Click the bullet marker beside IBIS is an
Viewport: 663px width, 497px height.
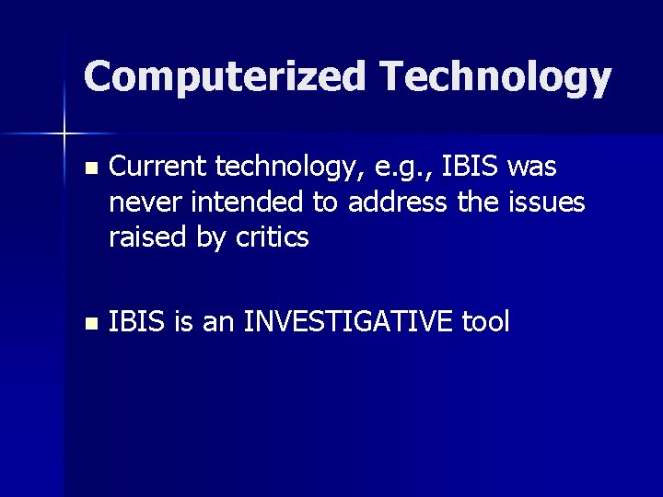88,323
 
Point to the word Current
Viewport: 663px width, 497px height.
158,167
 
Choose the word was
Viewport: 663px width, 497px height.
532,168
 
